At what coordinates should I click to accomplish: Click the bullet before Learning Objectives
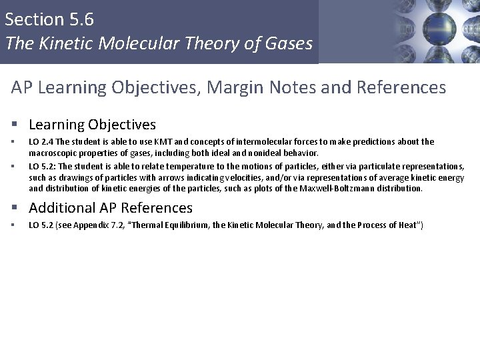pyautogui.click(x=14, y=125)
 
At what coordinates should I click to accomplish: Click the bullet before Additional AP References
pyautogui.click(x=14, y=208)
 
